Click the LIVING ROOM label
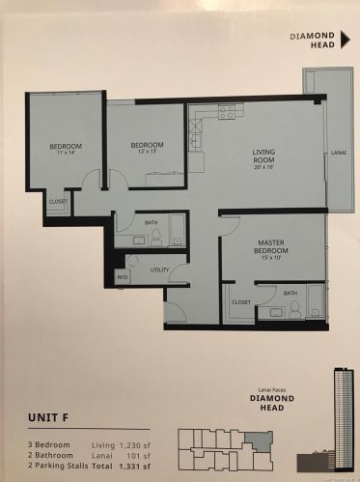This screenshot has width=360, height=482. pos(264,152)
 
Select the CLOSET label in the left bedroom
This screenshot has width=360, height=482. pos(58,201)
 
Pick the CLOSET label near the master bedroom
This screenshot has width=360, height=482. pos(240,302)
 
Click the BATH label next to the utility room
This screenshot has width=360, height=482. pos(152,223)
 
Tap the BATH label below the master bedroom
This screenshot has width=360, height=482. pos(290,291)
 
